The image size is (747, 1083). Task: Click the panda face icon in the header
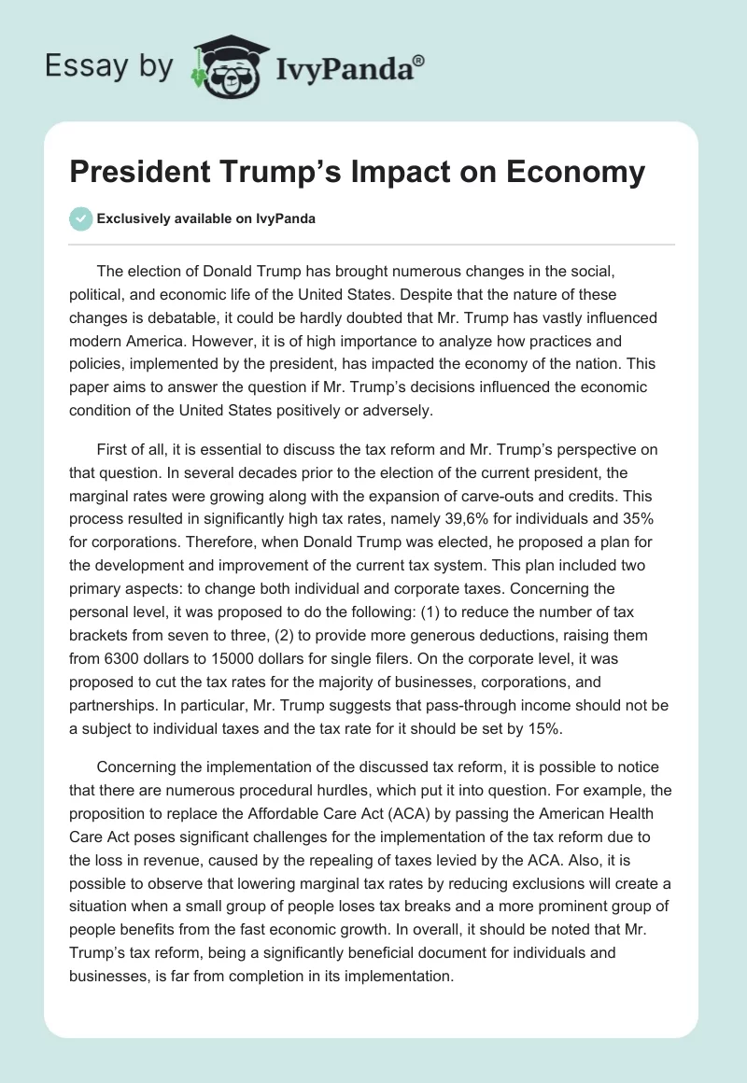[x=221, y=66]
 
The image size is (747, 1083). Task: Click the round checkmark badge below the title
[x=80, y=219]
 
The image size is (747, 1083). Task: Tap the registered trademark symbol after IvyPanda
[x=418, y=60]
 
